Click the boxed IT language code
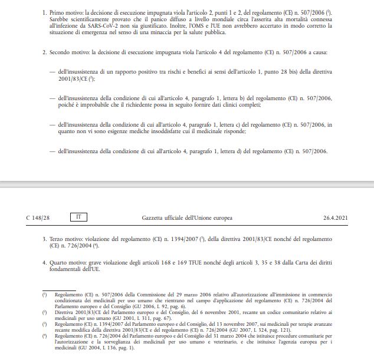75,217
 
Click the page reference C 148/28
38,218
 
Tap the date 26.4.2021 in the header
335,218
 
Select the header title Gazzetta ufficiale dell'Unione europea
187,218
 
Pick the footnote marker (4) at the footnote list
45,336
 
